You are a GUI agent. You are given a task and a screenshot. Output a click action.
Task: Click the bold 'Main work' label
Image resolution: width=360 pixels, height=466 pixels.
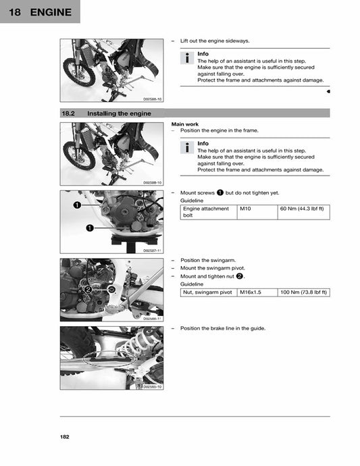[185, 124]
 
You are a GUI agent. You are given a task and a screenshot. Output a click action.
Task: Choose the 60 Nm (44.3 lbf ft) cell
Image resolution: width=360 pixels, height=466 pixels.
[302, 209]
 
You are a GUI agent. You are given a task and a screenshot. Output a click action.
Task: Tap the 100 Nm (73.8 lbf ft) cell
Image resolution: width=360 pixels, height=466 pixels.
[304, 292]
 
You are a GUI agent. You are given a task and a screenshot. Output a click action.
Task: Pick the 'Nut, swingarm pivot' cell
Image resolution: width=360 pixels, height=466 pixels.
[208, 292]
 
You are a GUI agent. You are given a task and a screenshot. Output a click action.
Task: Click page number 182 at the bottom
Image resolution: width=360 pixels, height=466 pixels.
[65, 436]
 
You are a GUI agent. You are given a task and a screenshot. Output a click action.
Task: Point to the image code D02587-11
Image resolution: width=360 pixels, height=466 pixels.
[153, 250]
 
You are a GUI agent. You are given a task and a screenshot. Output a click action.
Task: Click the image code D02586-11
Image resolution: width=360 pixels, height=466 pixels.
[153, 319]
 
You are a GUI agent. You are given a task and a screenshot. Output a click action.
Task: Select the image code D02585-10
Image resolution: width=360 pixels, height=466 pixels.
[153, 387]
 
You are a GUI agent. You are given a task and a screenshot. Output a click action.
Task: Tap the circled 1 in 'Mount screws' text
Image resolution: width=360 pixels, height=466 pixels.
[220, 192]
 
